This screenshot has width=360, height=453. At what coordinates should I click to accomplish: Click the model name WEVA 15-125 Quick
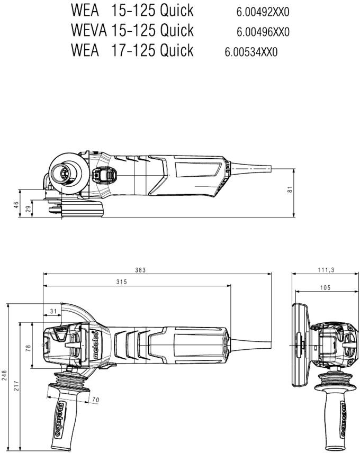pyautogui.click(x=132, y=30)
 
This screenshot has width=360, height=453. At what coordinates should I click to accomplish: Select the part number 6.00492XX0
pyautogui.click(x=263, y=11)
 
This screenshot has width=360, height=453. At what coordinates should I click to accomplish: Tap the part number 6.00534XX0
pyautogui.click(x=251, y=52)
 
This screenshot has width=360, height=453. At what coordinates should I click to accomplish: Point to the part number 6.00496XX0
pyautogui.click(x=263, y=32)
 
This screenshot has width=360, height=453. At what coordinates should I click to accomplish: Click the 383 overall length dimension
pyautogui.click(x=140, y=270)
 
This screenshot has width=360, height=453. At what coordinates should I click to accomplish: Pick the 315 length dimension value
pyautogui.click(x=121, y=283)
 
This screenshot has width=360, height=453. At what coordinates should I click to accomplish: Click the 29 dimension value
pyautogui.click(x=28, y=210)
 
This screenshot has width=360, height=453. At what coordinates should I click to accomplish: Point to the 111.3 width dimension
pyautogui.click(x=325, y=270)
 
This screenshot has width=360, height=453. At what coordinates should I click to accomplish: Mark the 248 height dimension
pyautogui.click(x=5, y=376)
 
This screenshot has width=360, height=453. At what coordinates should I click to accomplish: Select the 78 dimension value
pyautogui.click(x=29, y=348)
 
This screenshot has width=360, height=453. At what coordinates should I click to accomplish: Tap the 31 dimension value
pyautogui.click(x=53, y=311)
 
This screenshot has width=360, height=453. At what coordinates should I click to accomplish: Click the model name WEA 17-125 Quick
pyautogui.click(x=132, y=51)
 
